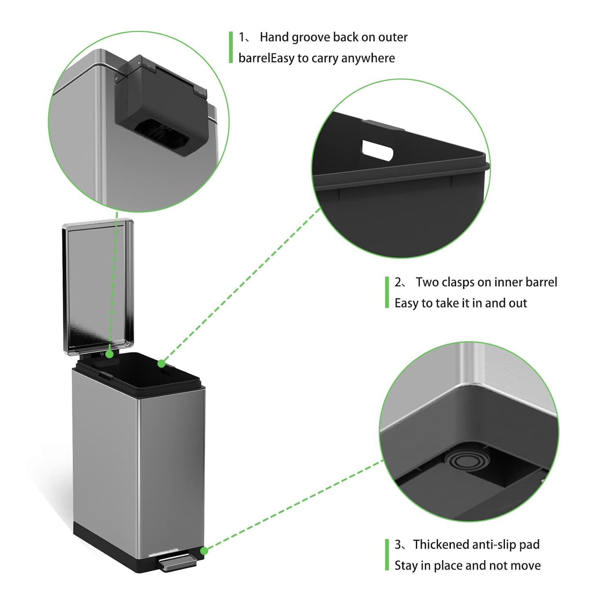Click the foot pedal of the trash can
pyautogui.click(x=177, y=563)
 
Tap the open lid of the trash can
pyautogui.click(x=98, y=286)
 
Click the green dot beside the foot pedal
pyautogui.click(x=204, y=551)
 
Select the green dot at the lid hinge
pyautogui.click(x=109, y=355)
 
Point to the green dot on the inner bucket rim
pyautogui.click(x=161, y=364)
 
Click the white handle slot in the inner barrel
pyautogui.click(x=377, y=150)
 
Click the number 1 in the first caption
pyautogui.click(x=242, y=38)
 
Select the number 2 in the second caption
pyautogui.click(x=398, y=282)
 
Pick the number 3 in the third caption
pyautogui.click(x=398, y=545)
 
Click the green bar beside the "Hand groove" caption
pyautogui.click(x=231, y=47)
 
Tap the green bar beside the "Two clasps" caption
pyautogui.click(x=387, y=292)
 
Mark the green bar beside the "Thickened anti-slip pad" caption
pyautogui.click(x=387, y=555)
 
